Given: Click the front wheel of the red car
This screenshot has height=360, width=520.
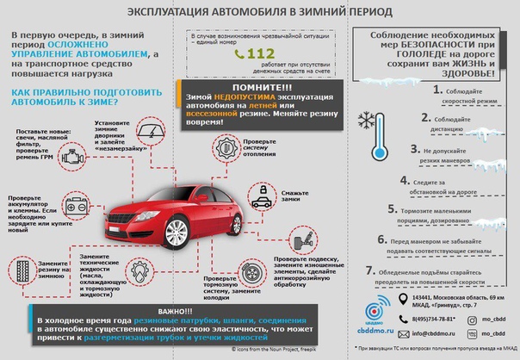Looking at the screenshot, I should tap(177, 232).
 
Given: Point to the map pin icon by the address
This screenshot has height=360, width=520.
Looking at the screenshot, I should tap(401, 300).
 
